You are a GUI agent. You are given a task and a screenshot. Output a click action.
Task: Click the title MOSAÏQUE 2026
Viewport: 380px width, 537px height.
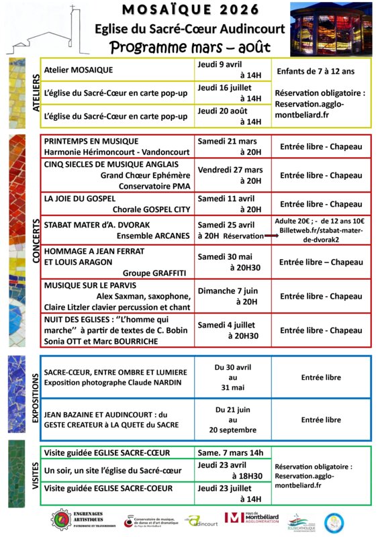190,9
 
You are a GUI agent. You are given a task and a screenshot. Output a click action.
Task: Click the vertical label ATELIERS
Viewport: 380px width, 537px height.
36,93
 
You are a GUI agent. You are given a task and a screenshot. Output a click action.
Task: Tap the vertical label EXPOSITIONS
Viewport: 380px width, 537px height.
36,397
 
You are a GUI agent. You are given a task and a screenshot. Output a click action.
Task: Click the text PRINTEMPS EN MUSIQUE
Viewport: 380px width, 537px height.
91,142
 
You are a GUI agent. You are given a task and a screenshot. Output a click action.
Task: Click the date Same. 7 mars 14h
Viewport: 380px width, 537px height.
230,452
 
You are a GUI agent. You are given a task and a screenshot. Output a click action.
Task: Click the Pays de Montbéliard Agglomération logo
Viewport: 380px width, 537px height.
253,518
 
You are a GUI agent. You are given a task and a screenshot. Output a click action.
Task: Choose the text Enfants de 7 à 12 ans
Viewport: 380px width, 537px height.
320,70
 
